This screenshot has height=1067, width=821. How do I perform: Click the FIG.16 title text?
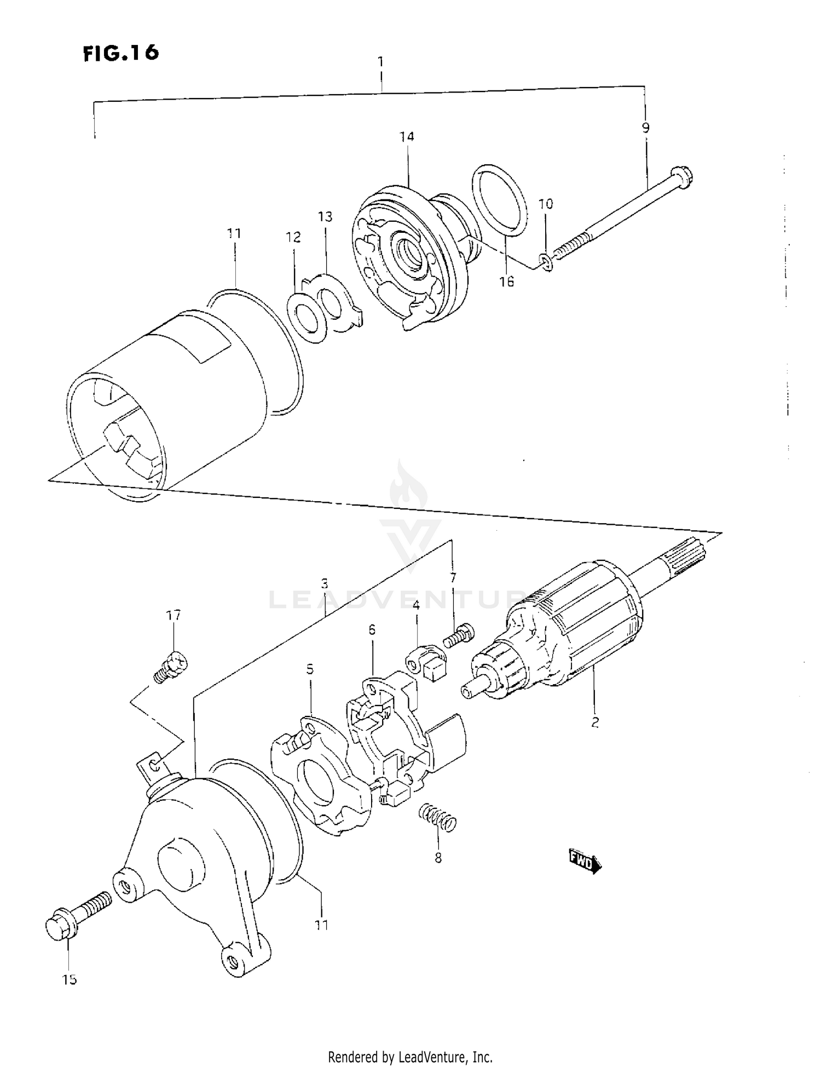121,53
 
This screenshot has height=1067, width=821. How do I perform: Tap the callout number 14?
407,136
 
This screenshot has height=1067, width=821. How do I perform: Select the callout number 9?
645,128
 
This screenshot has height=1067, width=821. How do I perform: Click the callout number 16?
506,282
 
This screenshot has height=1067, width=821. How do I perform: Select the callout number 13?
325,217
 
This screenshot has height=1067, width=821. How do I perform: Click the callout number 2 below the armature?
595,722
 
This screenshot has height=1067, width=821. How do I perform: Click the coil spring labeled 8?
437,818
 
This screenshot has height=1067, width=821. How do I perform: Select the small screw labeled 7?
459,636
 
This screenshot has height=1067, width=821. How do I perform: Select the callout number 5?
310,669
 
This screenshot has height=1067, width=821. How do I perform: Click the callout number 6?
372,630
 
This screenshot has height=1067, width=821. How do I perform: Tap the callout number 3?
325,583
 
